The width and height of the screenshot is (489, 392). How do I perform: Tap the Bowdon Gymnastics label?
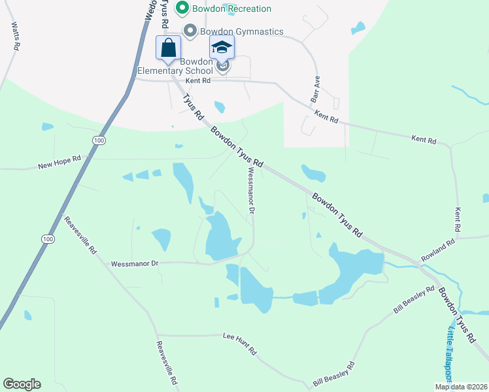click(241, 31)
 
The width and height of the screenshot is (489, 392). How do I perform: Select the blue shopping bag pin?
click(169, 48)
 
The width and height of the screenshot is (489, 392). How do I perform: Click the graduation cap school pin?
click(222, 48)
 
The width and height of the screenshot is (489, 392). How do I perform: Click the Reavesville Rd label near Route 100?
click(80, 235)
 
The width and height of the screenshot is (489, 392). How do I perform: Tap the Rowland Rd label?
click(437, 251)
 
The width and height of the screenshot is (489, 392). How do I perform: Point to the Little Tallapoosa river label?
click(450, 352)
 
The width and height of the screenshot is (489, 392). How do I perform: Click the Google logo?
click(22, 384)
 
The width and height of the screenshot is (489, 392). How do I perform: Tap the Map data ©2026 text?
click(460, 387)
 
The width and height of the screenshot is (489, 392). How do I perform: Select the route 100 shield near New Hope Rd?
click(98, 140)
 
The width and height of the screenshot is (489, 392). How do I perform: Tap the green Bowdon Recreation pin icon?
click(182, 8)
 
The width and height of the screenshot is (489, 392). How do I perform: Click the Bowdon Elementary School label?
click(175, 65)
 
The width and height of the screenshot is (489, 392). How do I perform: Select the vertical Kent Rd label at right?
click(458, 220)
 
